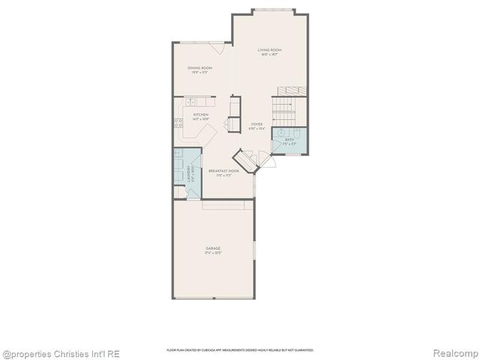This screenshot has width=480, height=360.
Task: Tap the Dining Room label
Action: pyautogui.click(x=200, y=69)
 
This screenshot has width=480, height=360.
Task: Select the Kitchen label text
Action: pyautogui.click(x=200, y=115)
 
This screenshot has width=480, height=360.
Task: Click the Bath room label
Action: pyautogui.click(x=289, y=139)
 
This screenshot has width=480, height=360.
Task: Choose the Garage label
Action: pyautogui.click(x=213, y=249)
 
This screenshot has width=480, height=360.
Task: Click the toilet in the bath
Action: pyautogui.click(x=297, y=134)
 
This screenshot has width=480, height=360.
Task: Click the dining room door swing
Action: pyautogui.click(x=217, y=48)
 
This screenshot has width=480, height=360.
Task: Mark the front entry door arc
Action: pyautogui.click(x=263, y=158)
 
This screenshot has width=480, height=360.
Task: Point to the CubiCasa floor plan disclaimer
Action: pyautogui.click(x=239, y=350)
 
